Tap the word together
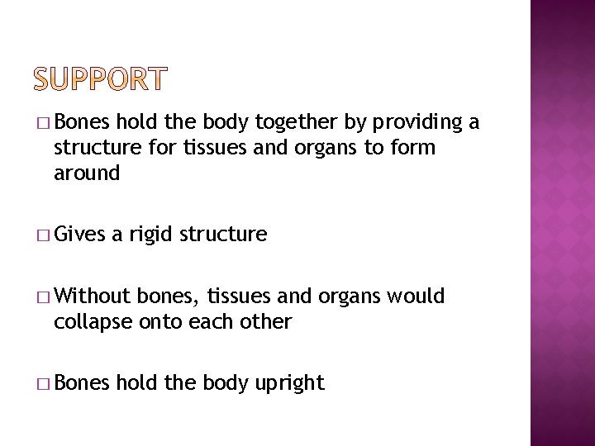(295, 124)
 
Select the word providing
(418, 124)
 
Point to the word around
(87, 173)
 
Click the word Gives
(79, 235)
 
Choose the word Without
(93, 296)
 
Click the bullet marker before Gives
(44, 235)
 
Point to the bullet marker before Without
(44, 297)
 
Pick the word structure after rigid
(228, 235)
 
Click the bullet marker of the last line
(44, 383)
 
